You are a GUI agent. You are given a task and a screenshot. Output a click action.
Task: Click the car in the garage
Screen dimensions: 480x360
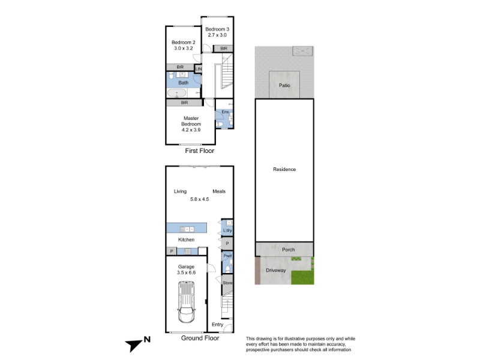tap(186, 302)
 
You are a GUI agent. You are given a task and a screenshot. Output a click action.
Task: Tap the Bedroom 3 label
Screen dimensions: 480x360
tap(217, 29)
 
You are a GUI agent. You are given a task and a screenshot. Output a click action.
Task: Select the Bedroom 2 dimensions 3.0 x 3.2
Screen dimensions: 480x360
tap(184, 48)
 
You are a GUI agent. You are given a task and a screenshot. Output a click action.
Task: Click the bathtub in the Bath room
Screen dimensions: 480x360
tap(176, 93)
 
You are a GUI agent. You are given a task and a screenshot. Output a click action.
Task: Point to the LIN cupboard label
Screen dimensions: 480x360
tap(199, 69)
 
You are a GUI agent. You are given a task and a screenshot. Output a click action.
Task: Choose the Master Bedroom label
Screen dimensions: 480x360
tap(191, 121)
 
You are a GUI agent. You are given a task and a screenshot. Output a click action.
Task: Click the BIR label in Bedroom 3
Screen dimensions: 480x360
tap(224, 49)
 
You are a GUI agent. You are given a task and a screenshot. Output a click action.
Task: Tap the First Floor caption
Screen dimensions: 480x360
tap(200, 151)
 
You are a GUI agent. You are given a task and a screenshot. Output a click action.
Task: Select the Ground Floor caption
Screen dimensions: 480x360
tap(200, 338)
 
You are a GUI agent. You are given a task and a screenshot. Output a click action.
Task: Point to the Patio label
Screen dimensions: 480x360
tap(284, 85)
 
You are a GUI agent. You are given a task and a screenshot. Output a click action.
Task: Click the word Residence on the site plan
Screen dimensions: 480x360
tap(284, 169)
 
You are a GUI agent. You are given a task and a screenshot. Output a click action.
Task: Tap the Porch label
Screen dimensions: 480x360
tap(289, 250)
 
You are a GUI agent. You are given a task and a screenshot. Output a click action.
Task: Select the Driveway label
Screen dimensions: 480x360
tap(276, 271)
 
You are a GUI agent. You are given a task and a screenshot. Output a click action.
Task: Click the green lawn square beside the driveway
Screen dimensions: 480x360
tap(302, 277)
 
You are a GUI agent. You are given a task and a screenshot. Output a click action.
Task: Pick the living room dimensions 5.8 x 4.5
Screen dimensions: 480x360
tap(200, 199)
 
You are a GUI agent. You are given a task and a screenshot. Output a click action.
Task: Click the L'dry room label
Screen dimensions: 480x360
tap(227, 230)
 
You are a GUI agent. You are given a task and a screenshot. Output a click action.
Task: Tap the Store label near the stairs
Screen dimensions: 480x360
tap(227, 283)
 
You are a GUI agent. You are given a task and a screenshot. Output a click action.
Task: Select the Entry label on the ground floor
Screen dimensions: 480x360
tap(217, 325)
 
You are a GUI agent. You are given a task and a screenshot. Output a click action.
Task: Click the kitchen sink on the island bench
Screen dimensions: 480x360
tap(187, 229)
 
